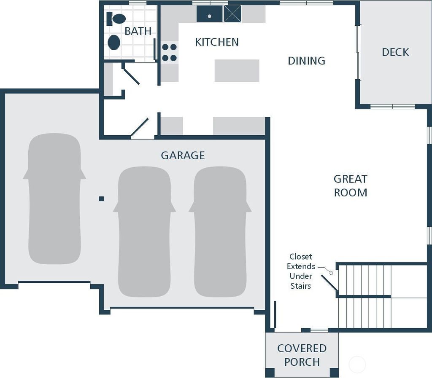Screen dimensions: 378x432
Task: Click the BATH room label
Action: (138, 31)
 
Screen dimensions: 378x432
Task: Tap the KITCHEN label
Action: (217, 42)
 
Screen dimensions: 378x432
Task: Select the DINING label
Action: (306, 61)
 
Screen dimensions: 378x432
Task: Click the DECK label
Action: (395, 52)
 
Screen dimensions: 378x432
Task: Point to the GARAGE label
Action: (183, 155)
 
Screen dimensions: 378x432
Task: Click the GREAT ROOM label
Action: (350, 186)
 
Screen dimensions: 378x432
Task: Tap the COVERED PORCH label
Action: (302, 355)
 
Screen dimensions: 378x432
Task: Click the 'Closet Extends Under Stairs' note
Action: (301, 271)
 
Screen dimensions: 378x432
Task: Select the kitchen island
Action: (237, 70)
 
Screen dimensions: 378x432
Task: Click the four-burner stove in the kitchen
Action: (169, 53)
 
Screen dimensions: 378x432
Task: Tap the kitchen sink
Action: (209, 14)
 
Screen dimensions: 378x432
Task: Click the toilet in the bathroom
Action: (116, 19)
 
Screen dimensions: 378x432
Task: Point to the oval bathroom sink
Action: (114, 43)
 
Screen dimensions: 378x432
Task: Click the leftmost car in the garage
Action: (54, 198)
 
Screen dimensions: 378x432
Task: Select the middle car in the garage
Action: (144, 231)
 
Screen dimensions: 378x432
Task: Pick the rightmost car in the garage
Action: (220, 231)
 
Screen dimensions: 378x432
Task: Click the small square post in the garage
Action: (101, 198)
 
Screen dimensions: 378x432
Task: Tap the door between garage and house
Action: (140, 128)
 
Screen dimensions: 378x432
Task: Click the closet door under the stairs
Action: (329, 283)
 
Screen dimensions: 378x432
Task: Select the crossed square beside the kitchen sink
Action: (232, 13)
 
